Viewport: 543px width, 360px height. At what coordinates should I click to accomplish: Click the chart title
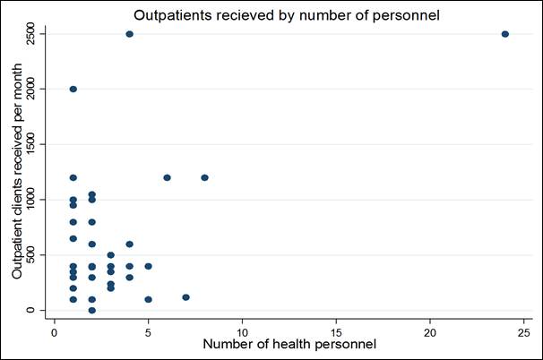(x=289, y=15)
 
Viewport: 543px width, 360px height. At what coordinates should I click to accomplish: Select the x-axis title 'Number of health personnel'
(x=289, y=344)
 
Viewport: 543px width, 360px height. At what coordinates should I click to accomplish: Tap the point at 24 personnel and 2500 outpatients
(x=505, y=34)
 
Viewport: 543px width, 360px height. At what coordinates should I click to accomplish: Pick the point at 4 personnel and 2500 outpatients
(x=129, y=34)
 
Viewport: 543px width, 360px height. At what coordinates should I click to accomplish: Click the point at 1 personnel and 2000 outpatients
(x=73, y=90)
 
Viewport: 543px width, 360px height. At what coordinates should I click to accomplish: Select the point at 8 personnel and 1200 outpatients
(x=204, y=177)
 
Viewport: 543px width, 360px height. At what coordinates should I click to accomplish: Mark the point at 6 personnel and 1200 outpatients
(x=167, y=177)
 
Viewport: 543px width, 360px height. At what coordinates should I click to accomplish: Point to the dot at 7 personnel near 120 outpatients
(x=185, y=297)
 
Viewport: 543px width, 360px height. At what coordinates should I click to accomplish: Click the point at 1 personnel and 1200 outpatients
(x=73, y=177)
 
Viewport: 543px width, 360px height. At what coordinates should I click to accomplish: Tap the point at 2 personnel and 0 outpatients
(x=91, y=310)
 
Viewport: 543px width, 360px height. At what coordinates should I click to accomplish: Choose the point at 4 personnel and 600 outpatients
(x=129, y=244)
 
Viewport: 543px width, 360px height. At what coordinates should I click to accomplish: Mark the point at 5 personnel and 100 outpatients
(x=148, y=299)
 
